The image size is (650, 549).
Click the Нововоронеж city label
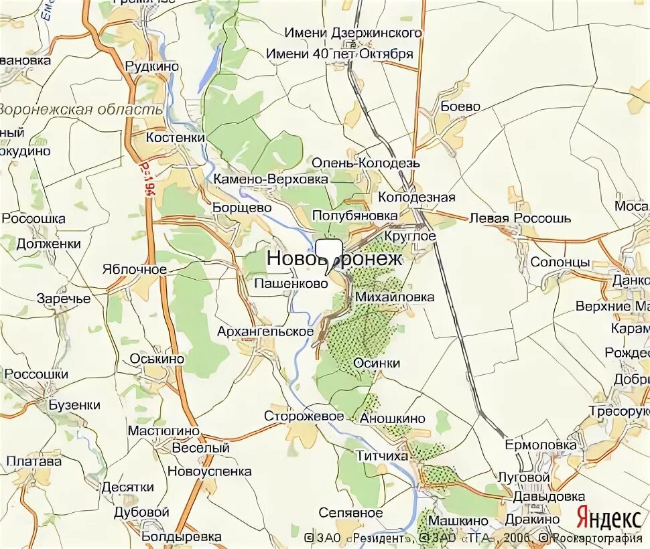tap(335, 258)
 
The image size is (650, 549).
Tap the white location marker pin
tap(329, 254)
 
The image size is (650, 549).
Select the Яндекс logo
tap(608, 518)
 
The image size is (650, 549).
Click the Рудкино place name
tap(152, 66)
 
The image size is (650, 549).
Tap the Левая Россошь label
tap(520, 218)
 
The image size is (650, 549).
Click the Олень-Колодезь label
tap(366, 163)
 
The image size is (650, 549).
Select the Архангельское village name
tap(265, 331)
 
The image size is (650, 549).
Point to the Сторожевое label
tap(304, 416)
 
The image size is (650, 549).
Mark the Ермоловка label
tap(540, 445)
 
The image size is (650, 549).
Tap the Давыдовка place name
tap(548, 497)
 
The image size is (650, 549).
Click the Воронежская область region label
tap(80, 110)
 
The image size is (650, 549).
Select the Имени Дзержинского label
tap(353, 33)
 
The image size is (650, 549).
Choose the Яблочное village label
tap(134, 269)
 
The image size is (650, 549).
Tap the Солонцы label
tap(560, 262)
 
